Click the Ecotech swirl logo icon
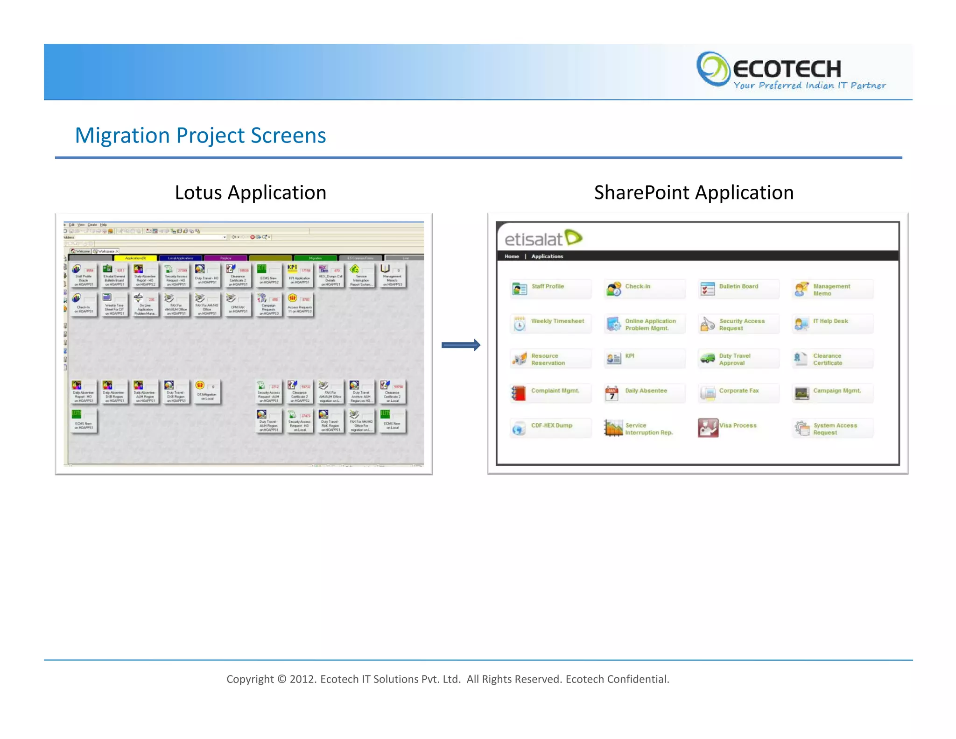coord(713,69)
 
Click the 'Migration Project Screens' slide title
coord(200,135)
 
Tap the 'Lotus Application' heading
coord(250,192)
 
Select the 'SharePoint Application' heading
coord(694,192)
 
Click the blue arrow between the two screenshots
coord(461,345)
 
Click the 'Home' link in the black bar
coord(512,256)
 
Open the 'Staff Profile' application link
coord(548,286)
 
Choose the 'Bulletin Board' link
coord(738,286)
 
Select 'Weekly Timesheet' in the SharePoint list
coord(557,321)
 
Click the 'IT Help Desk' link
coord(830,321)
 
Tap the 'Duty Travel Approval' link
coord(735,359)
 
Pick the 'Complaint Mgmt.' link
coord(555,391)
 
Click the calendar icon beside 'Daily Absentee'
coord(612,394)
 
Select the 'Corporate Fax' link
coord(738,391)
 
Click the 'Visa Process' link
coord(738,426)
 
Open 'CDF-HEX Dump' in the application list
coord(551,426)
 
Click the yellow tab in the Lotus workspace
coord(135,258)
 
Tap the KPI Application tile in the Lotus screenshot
coord(299,275)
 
